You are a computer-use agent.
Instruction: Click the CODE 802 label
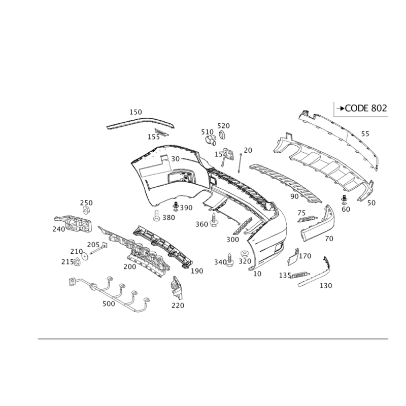pos(364,108)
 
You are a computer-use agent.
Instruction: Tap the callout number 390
pos(185,208)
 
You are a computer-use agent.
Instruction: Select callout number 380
pos(168,217)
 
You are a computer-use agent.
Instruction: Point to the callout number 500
pos(108,303)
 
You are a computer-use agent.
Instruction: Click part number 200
pos(130,266)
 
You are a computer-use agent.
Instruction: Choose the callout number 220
pos(178,305)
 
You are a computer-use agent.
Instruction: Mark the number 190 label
pos(196,272)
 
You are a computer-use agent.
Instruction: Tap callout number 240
pos(58,229)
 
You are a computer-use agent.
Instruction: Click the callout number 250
pos(86,202)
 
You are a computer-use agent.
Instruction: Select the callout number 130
pos(325,286)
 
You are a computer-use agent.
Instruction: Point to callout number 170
pos(305,256)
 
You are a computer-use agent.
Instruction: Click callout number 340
pos(220,262)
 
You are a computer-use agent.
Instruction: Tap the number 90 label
pos(294,196)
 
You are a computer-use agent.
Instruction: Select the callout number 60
pos(346,209)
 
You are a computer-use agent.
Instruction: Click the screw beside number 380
pos(156,216)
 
